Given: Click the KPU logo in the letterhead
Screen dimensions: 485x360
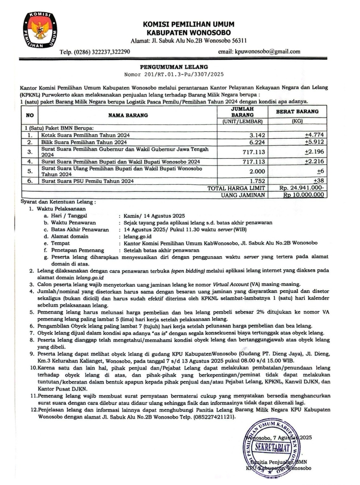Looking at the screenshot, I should (x=40, y=31).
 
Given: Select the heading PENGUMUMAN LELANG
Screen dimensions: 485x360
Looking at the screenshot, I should (x=174, y=67).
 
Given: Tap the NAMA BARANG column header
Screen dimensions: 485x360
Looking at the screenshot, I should (x=128, y=115).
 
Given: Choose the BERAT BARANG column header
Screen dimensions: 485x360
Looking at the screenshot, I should (x=297, y=112).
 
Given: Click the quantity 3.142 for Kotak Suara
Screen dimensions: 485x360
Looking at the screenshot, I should (x=257, y=135).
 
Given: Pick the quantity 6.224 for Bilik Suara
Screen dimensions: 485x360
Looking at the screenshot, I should (x=257, y=142).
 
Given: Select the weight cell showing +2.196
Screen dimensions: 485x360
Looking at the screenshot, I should (x=314, y=152).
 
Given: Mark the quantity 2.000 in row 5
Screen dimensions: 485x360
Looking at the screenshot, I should (x=257, y=171).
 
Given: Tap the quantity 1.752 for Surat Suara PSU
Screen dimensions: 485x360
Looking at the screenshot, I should (x=257, y=181).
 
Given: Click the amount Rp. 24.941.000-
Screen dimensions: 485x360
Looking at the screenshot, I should (x=301, y=188).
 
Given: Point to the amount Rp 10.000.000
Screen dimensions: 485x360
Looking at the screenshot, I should (x=303, y=195).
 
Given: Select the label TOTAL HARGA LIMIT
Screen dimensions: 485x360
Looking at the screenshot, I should (x=236, y=188).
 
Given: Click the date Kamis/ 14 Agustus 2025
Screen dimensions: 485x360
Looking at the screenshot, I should (x=154, y=216).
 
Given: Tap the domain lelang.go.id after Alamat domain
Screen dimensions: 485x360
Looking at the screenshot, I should (x=137, y=236).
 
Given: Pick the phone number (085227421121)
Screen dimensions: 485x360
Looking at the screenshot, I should (x=214, y=417).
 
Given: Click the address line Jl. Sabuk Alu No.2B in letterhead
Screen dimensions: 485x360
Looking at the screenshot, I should (x=189, y=40).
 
